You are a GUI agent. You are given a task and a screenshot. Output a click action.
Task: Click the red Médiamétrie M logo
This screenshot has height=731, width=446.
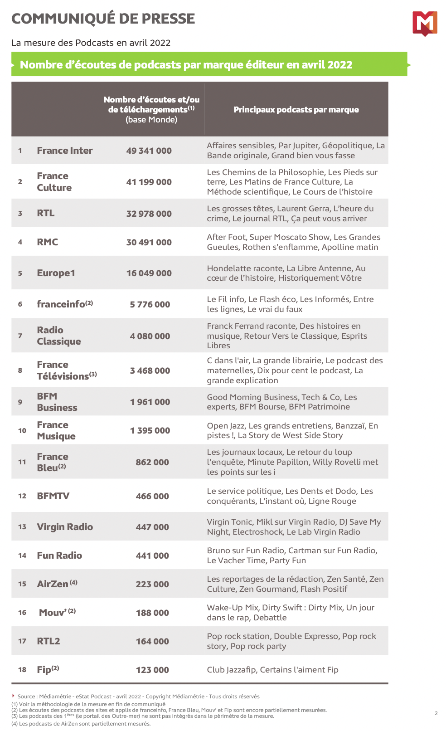[425, 23]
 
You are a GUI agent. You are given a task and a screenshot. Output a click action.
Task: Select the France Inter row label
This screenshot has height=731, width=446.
[65, 151]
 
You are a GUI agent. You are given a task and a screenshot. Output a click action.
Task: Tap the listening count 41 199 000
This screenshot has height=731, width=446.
[149, 182]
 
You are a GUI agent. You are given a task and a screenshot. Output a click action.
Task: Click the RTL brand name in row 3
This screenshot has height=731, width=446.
[46, 213]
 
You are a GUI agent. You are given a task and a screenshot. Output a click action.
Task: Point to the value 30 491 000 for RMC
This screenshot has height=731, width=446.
[149, 243]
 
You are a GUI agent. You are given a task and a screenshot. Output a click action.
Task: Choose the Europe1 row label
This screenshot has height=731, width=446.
[56, 273]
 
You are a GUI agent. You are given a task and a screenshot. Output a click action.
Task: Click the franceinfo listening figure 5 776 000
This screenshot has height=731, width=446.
[150, 305]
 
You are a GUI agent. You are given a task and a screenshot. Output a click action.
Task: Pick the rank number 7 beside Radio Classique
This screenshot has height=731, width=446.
[20, 336]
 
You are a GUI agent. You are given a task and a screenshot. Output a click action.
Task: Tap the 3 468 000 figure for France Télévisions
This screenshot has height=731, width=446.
[150, 371]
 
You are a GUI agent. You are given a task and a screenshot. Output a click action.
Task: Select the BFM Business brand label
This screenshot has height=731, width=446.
[57, 402]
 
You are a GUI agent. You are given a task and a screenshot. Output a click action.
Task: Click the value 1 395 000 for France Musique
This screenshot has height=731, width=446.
[150, 431]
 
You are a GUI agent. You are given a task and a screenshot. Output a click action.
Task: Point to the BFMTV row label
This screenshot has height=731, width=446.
[53, 496]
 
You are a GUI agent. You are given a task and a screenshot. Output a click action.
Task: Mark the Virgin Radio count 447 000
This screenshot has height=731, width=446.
[152, 527]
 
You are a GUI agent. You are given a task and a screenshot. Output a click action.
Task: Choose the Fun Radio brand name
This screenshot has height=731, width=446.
[59, 556]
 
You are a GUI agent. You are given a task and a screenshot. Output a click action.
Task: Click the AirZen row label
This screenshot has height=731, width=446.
[53, 584]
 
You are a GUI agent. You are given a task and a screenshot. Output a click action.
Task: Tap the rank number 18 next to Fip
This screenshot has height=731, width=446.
[22, 670]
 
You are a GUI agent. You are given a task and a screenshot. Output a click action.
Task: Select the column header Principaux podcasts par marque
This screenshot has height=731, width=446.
[296, 110]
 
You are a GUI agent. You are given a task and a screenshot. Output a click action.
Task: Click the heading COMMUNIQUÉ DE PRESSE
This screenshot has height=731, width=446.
[103, 19]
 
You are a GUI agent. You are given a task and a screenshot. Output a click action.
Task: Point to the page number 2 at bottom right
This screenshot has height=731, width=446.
[436, 713]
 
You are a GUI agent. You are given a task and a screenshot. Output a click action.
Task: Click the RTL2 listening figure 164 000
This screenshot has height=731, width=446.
[152, 642]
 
